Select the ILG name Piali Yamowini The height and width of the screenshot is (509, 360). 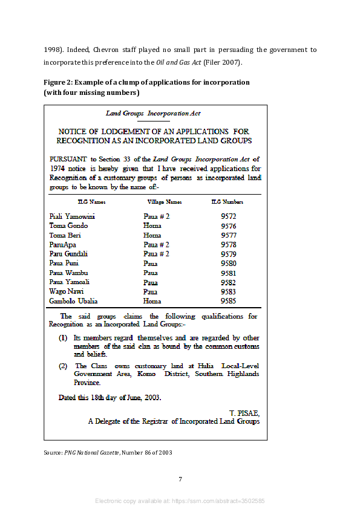point(72,216)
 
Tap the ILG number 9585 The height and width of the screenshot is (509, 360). point(228,301)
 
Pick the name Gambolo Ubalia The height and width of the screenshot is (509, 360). point(73,301)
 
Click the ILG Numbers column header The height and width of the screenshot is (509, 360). point(227,202)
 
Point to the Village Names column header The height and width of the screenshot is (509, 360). point(165,202)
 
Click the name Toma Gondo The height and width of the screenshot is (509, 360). point(68,226)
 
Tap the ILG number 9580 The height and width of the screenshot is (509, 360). point(228,264)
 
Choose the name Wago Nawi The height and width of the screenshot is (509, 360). point(67,291)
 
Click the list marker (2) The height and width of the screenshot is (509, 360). point(62,366)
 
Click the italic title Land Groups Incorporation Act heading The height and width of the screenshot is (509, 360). point(153,113)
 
